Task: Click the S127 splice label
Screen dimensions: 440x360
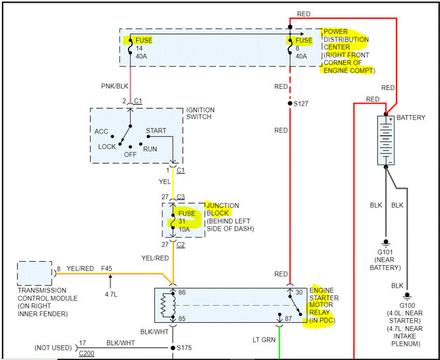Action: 301,104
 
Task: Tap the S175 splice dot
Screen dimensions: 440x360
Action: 173,348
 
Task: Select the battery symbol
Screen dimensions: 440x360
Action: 386,140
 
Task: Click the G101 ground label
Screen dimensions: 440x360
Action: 385,252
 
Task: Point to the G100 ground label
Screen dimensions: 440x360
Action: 407,305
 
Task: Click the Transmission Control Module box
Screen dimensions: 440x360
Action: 35,273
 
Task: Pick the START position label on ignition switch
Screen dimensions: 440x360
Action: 156,131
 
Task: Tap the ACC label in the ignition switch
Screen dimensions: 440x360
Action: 101,131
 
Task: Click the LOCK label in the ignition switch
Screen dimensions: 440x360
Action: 107,146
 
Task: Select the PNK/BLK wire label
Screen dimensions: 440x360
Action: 114,86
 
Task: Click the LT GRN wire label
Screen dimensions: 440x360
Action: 264,340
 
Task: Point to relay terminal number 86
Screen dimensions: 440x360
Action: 182,292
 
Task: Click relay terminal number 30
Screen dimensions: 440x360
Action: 299,292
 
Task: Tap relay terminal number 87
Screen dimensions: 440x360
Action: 288,319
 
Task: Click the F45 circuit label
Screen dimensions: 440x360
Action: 106,269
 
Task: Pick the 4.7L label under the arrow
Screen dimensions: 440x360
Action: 111,294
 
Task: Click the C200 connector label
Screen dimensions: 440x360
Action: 87,353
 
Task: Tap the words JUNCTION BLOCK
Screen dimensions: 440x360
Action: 223,209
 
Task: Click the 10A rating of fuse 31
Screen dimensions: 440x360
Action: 184,229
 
